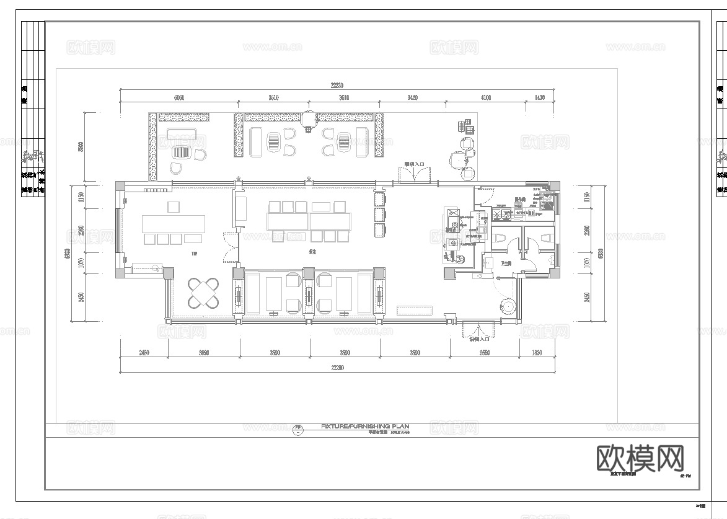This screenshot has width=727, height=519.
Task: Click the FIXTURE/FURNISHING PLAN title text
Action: point(365,427)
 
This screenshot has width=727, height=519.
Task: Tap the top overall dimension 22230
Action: point(337,86)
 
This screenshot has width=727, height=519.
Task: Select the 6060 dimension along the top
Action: point(178,97)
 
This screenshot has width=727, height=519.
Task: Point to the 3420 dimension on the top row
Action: point(412,97)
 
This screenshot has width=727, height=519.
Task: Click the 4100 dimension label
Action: point(485,97)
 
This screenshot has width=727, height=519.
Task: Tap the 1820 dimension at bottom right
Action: point(537,353)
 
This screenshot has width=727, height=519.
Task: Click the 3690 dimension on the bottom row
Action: point(204,353)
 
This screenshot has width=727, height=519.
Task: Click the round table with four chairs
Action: point(205,293)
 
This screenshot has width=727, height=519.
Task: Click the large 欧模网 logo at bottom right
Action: point(640,459)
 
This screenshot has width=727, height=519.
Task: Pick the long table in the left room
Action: point(173,223)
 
